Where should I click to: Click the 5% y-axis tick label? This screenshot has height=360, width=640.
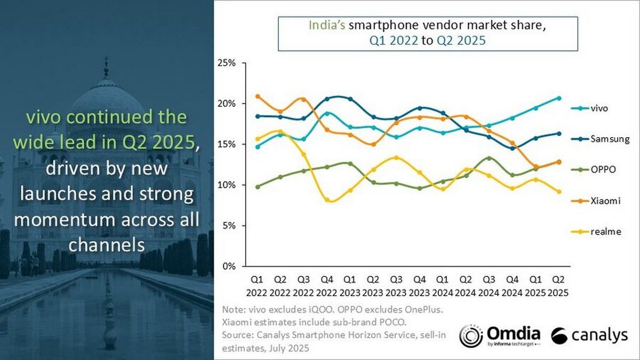[229, 226]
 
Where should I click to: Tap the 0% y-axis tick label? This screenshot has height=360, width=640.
[229, 266]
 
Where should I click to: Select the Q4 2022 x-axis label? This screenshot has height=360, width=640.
[327, 285]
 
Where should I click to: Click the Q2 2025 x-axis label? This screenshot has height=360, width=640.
[558, 285]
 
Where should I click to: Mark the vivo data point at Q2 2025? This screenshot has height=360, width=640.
[558, 98]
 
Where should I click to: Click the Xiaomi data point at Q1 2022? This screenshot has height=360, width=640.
[258, 97]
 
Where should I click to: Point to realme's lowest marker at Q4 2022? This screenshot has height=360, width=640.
[327, 200]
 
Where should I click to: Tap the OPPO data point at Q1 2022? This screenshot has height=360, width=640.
[258, 187]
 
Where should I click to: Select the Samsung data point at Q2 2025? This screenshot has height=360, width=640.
[558, 133]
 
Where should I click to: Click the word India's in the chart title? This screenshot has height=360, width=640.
[325, 26]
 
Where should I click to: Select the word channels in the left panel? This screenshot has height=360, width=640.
[107, 244]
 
